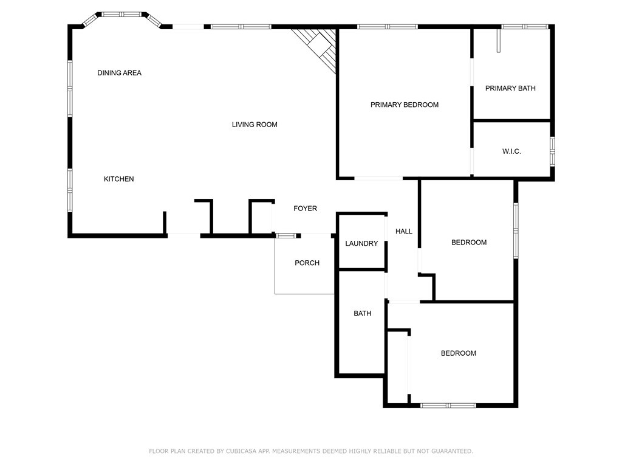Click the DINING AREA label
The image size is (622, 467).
[x=119, y=73]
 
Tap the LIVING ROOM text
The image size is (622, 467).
[x=255, y=125]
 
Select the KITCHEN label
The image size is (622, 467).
[x=118, y=179]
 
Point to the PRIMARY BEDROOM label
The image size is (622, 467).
[x=405, y=105]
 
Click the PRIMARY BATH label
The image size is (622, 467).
[x=510, y=88]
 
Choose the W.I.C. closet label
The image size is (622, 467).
[x=511, y=151]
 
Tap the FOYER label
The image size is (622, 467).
[x=305, y=209]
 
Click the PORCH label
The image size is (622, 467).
[x=307, y=263]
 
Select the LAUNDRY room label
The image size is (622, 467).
[x=361, y=244]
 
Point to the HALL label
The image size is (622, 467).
[x=404, y=232]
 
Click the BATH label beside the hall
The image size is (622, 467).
[x=363, y=314]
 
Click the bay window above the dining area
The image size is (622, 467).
[x=121, y=14]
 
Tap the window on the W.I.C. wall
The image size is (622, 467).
[x=552, y=151]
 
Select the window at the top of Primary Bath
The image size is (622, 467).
[x=525, y=27]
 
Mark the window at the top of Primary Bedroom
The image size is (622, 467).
[x=387, y=27]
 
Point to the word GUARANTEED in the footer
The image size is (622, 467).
[x=449, y=451]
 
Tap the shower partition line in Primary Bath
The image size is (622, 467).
[x=498, y=40]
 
